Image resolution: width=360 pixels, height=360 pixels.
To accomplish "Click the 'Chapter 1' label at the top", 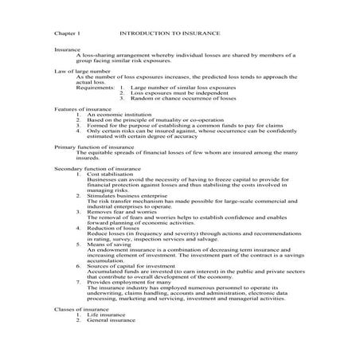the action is (68, 35).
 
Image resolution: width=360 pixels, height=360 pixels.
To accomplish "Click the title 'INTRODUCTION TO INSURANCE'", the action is (169, 35).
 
